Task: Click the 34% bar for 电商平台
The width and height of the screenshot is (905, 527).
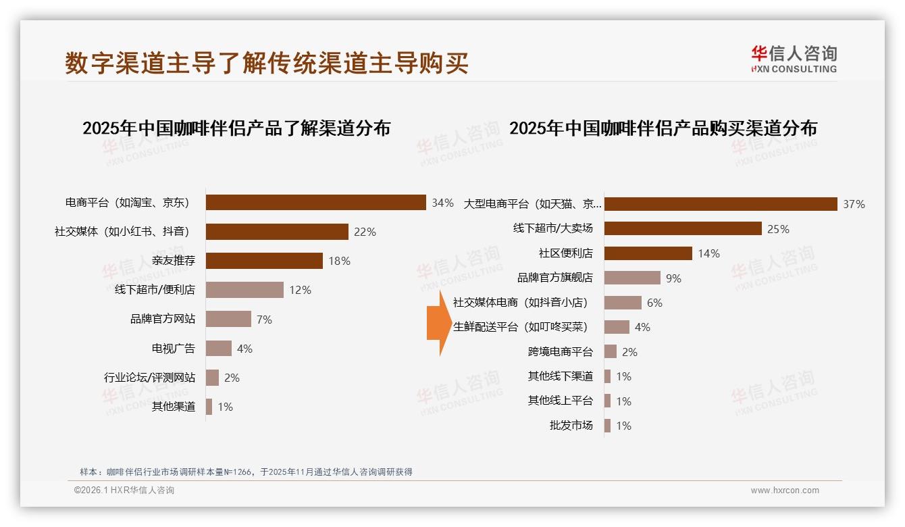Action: (315, 203)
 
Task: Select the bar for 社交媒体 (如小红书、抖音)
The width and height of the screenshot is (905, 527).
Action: (277, 232)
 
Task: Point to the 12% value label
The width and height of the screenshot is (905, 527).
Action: (300, 290)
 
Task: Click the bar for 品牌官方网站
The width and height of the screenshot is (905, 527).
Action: (228, 319)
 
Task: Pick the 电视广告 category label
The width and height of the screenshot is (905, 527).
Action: (174, 349)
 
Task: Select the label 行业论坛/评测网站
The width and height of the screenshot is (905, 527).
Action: (149, 378)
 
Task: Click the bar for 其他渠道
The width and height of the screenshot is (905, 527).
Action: (209, 407)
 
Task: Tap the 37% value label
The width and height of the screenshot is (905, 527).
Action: (854, 204)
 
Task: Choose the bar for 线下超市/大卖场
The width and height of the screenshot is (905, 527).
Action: (683, 228)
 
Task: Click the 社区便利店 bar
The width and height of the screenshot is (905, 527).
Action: (648, 253)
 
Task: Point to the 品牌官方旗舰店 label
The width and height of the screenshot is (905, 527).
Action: (555, 278)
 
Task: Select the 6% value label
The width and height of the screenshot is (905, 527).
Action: (654, 303)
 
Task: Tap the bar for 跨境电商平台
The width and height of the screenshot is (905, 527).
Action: (611, 351)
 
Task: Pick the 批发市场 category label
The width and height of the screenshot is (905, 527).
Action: (571, 426)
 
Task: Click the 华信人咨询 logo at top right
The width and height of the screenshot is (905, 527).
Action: (794, 59)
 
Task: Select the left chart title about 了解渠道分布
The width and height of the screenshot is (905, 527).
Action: (236, 128)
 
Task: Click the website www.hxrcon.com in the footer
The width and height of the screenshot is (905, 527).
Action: (785, 491)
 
